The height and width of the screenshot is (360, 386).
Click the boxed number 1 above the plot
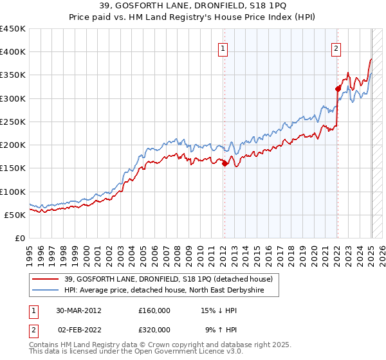tap(223, 48)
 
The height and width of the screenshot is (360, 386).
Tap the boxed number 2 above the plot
tap(336, 48)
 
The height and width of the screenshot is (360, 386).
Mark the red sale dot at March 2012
tap(225, 163)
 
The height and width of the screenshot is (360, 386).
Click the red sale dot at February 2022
tap(337, 89)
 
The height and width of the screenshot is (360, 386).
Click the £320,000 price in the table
tap(154, 330)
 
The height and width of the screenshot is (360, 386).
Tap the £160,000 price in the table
tap(154, 310)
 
